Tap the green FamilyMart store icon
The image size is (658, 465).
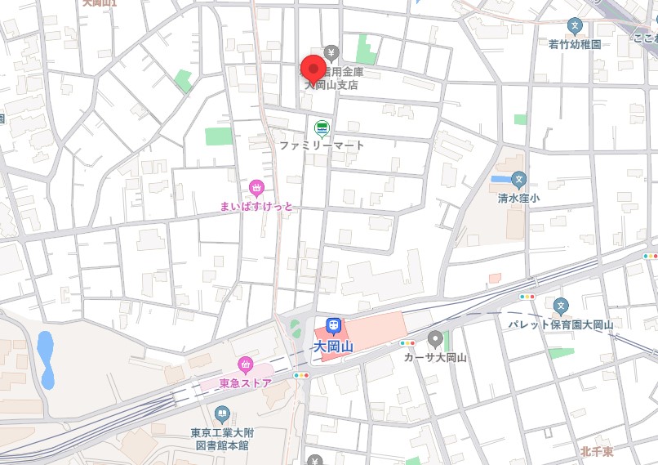point(322,127)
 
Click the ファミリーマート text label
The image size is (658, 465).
point(322,145)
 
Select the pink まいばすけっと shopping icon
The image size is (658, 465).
point(256,190)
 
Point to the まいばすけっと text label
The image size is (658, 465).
point(256,207)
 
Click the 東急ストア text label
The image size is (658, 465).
point(245,382)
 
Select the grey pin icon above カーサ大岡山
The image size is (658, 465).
point(435,339)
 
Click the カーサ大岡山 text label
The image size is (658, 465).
point(435,357)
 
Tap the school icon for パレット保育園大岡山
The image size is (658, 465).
point(560,306)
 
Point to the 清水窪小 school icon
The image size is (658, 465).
point(518,179)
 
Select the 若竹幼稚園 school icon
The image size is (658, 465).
point(575,26)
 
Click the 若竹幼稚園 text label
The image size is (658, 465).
point(575,44)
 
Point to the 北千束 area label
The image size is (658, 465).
point(597,451)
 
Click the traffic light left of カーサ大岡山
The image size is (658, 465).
point(407,343)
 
